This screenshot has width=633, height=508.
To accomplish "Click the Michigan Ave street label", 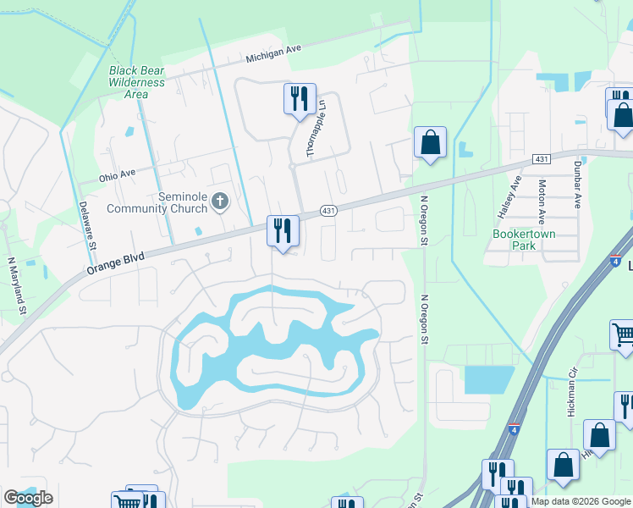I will (x=273, y=54).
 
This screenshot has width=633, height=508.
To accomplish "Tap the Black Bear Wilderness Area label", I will (x=136, y=82).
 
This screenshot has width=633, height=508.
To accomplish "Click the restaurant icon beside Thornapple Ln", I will (x=300, y=100).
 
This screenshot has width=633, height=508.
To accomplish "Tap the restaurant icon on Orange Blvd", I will (x=282, y=231).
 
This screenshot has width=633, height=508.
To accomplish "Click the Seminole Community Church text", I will (x=157, y=202).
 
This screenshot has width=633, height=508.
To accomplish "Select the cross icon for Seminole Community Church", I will (x=220, y=202).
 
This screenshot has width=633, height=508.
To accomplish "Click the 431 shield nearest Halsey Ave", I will (x=542, y=159).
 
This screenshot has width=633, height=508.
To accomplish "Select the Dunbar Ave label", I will (x=578, y=185).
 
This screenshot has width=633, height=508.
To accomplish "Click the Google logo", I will (x=28, y=498).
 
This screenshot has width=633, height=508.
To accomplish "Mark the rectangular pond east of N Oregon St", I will (x=489, y=379).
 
